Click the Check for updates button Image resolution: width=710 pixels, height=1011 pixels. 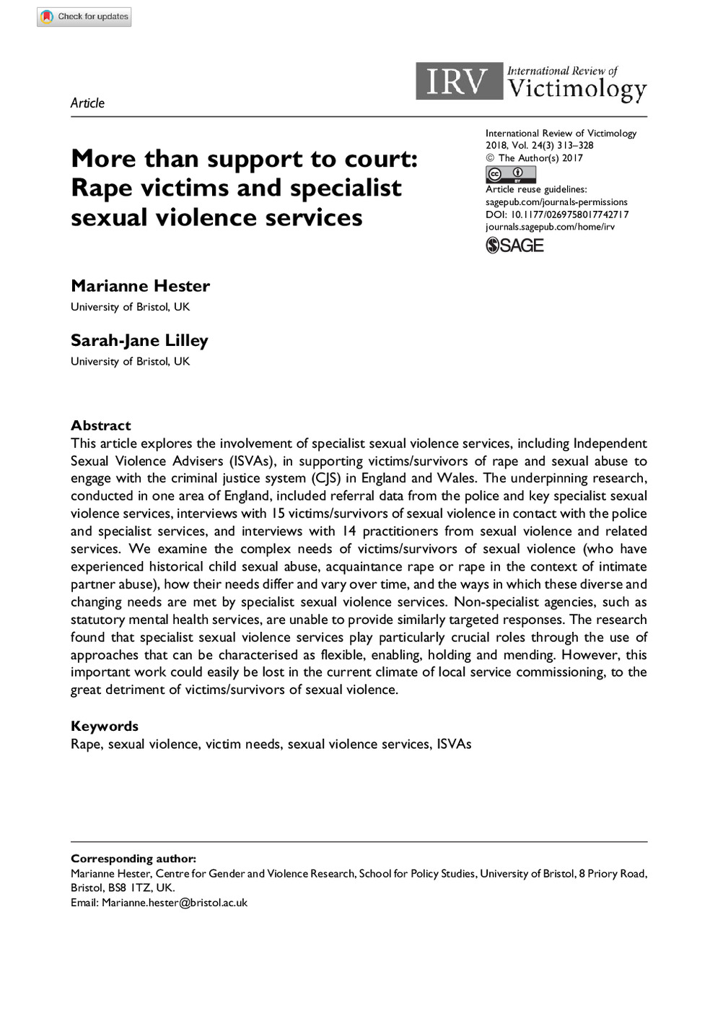(x=84, y=16)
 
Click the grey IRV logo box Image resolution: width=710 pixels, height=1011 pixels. (x=458, y=81)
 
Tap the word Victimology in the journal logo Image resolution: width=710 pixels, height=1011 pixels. (x=577, y=89)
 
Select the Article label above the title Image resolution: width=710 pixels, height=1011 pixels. (x=87, y=103)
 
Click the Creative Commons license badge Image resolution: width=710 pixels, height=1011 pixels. (x=510, y=174)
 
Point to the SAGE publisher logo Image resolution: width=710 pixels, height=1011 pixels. (x=514, y=246)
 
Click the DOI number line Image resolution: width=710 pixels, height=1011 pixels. (x=556, y=214)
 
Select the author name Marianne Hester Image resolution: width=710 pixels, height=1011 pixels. (x=140, y=286)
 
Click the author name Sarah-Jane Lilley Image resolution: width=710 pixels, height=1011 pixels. (x=139, y=340)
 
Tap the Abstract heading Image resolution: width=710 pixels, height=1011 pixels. (x=101, y=425)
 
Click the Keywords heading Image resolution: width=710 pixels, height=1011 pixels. (x=105, y=726)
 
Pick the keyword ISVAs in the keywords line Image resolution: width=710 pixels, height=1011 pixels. (x=454, y=744)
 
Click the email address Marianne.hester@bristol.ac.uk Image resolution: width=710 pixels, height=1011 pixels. (x=175, y=903)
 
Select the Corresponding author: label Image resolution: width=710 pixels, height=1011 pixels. (x=133, y=859)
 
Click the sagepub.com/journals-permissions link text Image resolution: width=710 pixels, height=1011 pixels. (x=556, y=202)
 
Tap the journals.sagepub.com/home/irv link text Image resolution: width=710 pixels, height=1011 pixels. (x=550, y=227)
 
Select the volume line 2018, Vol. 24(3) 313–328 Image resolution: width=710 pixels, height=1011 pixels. (x=539, y=145)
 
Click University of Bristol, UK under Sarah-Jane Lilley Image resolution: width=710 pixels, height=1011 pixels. (x=130, y=361)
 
